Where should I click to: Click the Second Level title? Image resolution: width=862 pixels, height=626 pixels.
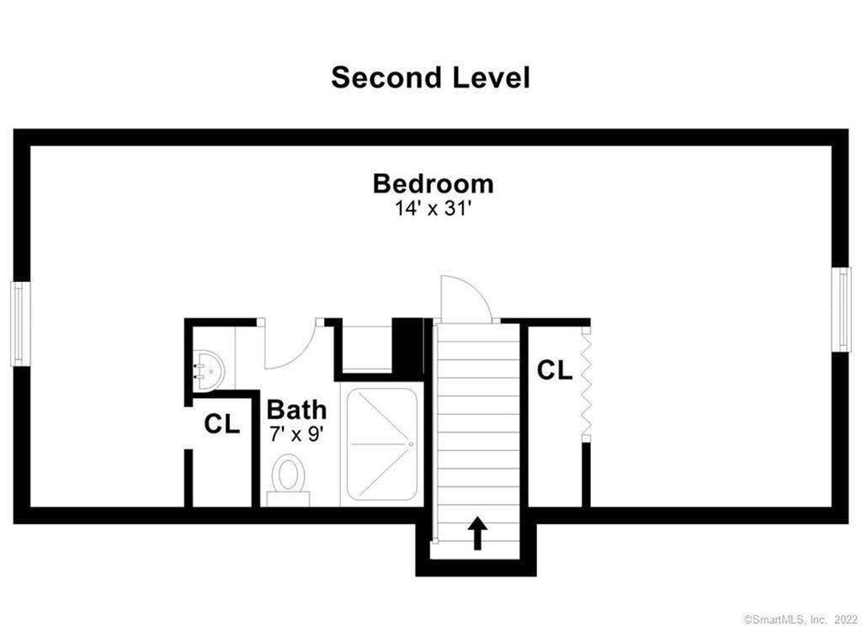pyautogui.click(x=430, y=77)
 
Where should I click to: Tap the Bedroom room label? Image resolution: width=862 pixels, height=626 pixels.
pyautogui.click(x=433, y=183)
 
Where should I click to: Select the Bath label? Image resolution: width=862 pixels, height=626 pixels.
pyautogui.click(x=296, y=410)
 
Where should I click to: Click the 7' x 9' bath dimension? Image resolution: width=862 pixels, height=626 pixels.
pyautogui.click(x=296, y=434)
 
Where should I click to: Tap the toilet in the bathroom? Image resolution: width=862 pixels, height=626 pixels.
pyautogui.click(x=288, y=480)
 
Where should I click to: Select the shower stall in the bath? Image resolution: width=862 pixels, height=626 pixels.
pyautogui.click(x=382, y=443)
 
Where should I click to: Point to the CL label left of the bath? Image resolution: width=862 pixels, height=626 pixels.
pyautogui.click(x=221, y=425)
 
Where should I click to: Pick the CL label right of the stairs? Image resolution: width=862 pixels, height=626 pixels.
pyautogui.click(x=555, y=369)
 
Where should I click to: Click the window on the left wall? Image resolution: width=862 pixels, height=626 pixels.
pyautogui.click(x=19, y=324)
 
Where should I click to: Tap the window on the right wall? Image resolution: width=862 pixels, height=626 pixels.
pyautogui.click(x=842, y=308)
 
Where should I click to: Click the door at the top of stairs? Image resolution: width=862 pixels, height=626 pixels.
pyautogui.click(x=466, y=299)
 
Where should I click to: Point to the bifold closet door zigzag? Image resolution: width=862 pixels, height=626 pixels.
pyautogui.click(x=586, y=384)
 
